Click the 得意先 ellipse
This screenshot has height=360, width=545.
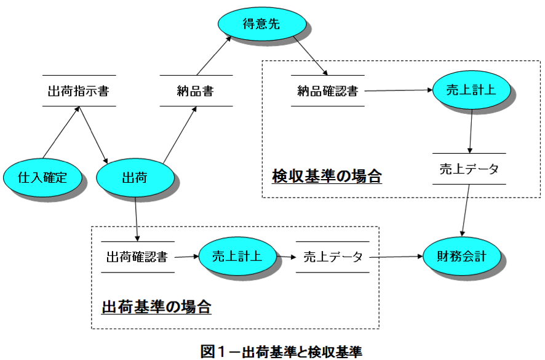pyautogui.click(x=262, y=23)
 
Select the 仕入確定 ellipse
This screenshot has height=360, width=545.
pyautogui.click(x=42, y=177)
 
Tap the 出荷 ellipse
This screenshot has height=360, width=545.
pyautogui.click(x=135, y=177)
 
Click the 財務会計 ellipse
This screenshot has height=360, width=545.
pyautogui.click(x=462, y=257)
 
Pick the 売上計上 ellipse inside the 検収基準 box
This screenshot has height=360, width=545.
pyautogui.click(x=471, y=90)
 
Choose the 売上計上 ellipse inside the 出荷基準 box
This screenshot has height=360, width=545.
pyautogui.click(x=237, y=257)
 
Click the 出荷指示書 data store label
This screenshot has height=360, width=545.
pyautogui.click(x=79, y=91)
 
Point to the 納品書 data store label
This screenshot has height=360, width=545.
pyautogui.click(x=196, y=91)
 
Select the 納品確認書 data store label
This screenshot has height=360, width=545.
pyautogui.click(x=328, y=91)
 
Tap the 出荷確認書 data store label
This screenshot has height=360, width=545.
pyautogui.click(x=137, y=257)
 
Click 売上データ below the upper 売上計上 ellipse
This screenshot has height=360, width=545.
pyautogui.click(x=469, y=169)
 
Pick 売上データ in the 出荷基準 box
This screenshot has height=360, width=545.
pyautogui.click(x=333, y=257)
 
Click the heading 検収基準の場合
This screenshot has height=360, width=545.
pyautogui.click(x=327, y=176)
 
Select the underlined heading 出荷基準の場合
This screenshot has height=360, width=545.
pyautogui.click(x=156, y=307)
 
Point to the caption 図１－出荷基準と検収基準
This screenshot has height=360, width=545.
pyautogui.click(x=282, y=351)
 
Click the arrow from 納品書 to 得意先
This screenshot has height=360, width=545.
pyautogui.click(x=214, y=55)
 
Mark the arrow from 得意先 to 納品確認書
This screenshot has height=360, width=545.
pyautogui.click(x=311, y=55)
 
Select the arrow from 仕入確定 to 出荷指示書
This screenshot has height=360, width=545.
pyautogui.click(x=61, y=132)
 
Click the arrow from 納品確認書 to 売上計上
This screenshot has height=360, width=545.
pyautogui.click(x=399, y=90)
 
